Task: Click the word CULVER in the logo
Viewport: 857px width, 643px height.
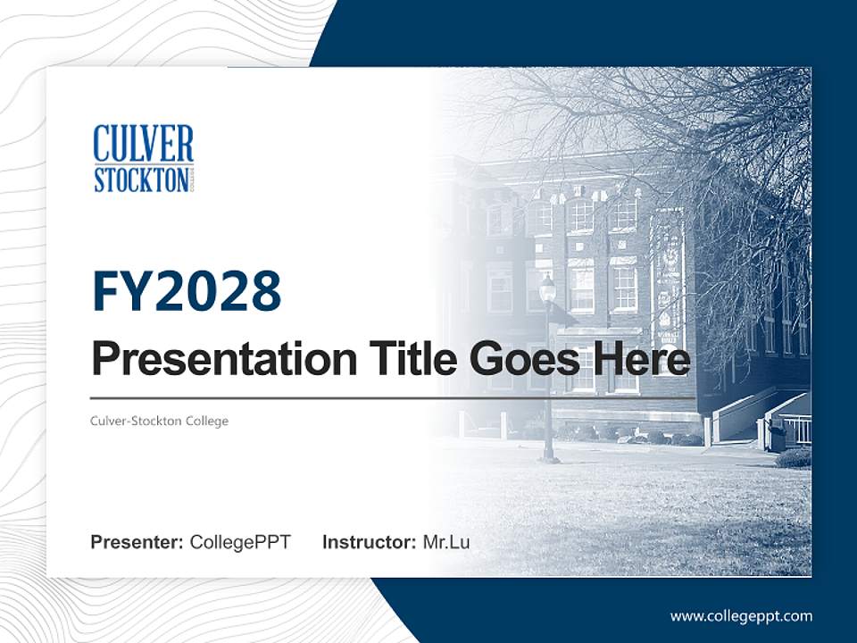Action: pyautogui.click(x=143, y=143)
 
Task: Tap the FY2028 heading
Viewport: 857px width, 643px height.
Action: pyautogui.click(x=187, y=292)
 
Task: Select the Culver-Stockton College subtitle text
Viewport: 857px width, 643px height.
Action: pyautogui.click(x=160, y=421)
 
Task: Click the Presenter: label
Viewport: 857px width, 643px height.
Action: pyautogui.click(x=137, y=542)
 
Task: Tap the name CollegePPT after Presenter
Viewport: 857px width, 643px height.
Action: pyautogui.click(x=240, y=542)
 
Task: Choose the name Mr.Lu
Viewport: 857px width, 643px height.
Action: pyautogui.click(x=446, y=542)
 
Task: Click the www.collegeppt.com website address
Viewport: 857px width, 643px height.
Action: pyautogui.click(x=741, y=615)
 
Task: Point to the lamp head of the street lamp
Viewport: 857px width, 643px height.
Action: pyautogui.click(x=547, y=288)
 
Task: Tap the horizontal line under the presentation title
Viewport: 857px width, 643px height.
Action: pyautogui.click(x=393, y=397)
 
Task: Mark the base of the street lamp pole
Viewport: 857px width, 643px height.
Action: pyautogui.click(x=550, y=458)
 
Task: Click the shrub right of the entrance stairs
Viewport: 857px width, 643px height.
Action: pyautogui.click(x=793, y=458)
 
